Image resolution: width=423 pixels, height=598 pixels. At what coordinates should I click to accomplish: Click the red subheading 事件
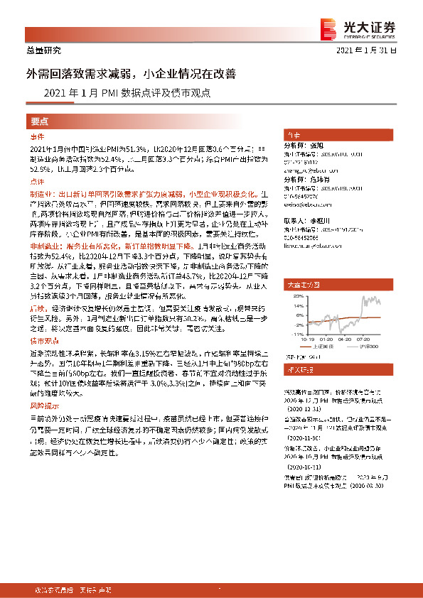(x=37, y=136)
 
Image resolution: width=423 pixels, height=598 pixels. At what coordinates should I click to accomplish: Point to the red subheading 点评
(x=37, y=183)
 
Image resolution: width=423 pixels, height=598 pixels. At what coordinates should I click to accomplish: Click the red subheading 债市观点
(x=43, y=339)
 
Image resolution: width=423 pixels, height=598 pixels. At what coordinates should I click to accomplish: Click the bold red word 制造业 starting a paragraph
(x=41, y=194)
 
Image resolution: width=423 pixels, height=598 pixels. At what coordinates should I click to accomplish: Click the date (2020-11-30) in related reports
(x=304, y=419)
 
